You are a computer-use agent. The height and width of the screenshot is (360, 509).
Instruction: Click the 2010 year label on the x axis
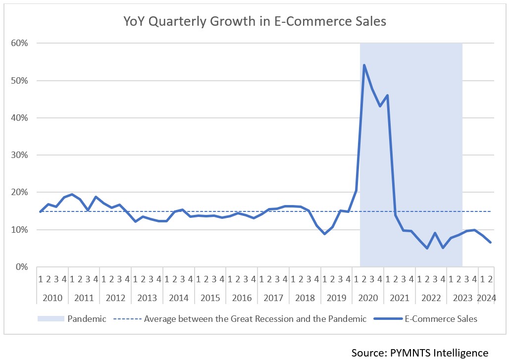[52, 298]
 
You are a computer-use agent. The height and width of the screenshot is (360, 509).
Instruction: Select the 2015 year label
[210, 298]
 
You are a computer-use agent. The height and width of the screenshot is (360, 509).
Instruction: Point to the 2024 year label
[487, 298]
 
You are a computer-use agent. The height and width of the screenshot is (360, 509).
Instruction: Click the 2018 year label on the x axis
[305, 298]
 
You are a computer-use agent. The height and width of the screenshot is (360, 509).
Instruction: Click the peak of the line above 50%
[364, 65]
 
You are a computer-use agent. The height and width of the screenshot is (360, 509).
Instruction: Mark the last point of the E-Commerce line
[490, 242]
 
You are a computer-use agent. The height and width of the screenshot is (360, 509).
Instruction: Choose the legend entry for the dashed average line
[255, 318]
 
